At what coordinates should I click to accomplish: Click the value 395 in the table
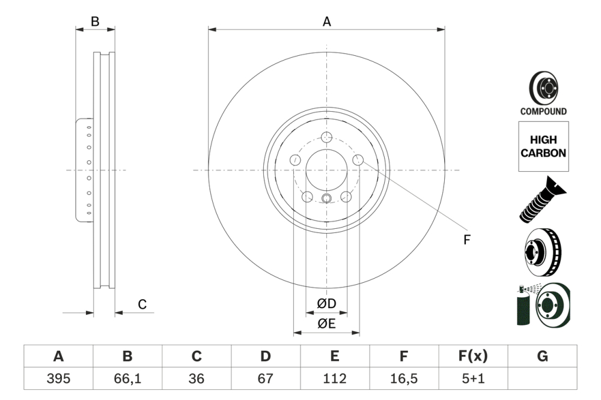(58, 379)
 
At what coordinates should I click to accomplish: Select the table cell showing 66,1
(127, 379)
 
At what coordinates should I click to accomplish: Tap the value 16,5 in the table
(404, 379)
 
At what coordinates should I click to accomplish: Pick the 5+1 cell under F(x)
(472, 379)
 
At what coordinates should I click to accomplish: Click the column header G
(542, 356)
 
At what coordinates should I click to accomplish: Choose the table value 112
(335, 379)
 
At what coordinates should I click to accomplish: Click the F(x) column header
(472, 356)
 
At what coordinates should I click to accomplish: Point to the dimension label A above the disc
(326, 22)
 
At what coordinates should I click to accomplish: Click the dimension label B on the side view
(94, 22)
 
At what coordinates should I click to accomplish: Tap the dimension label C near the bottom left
(142, 305)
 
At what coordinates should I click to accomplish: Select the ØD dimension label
(326, 305)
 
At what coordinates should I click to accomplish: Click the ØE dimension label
(326, 324)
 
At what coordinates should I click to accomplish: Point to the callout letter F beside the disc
(466, 240)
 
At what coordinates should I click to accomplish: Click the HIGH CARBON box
(543, 147)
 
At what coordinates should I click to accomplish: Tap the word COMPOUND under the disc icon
(543, 111)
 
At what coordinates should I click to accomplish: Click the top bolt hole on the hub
(326, 138)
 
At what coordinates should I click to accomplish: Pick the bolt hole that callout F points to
(358, 160)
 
